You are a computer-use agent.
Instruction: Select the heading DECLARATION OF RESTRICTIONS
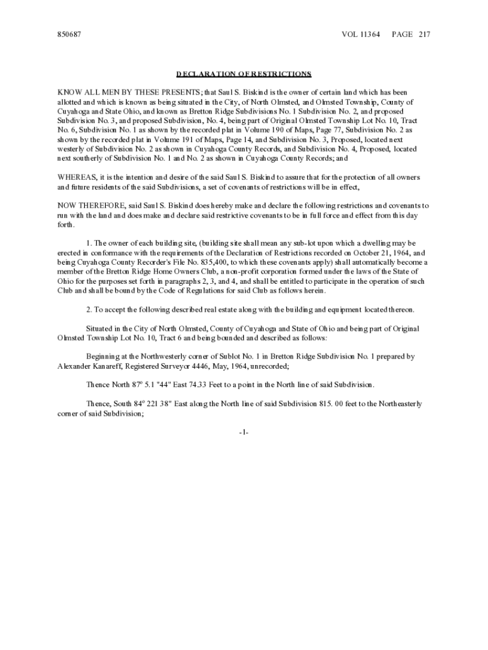point(244,74)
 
